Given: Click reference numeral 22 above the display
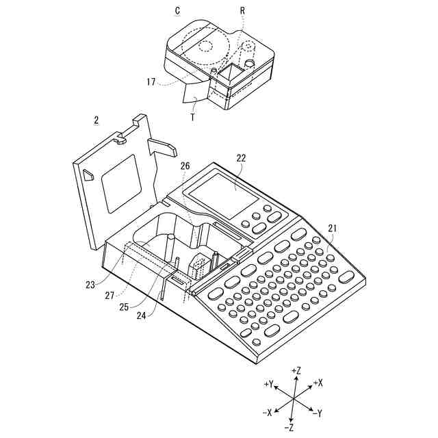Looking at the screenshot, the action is pyautogui.click(x=241, y=157).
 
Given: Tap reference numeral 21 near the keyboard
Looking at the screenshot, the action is pyautogui.click(x=333, y=228).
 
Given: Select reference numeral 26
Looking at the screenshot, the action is pyautogui.click(x=185, y=166).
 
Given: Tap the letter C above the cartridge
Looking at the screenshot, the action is pyautogui.click(x=177, y=11).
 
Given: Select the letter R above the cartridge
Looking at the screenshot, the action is pyautogui.click(x=242, y=12).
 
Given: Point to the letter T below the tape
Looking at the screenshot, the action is pyautogui.click(x=192, y=118).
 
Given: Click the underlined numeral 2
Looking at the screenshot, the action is pyautogui.click(x=96, y=120).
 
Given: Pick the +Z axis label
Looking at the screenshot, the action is pyautogui.click(x=296, y=370).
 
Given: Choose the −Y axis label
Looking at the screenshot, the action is pyautogui.click(x=317, y=413).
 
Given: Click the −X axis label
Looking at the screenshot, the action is pyautogui.click(x=267, y=413).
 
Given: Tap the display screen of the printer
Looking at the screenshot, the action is pyautogui.click(x=224, y=191).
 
